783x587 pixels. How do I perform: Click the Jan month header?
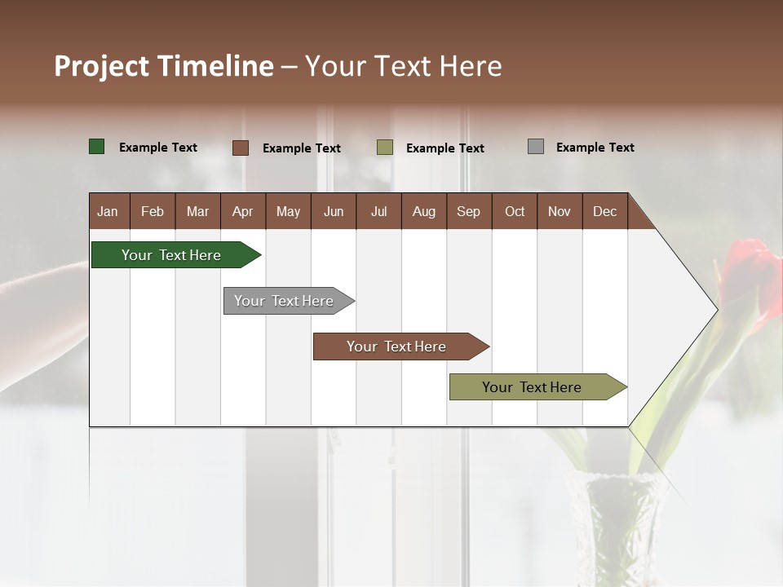point(108,211)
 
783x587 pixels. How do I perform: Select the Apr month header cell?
point(242,211)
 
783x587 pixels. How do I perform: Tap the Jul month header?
point(378,211)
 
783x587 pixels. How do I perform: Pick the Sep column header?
point(468,211)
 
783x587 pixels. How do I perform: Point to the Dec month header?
point(604,211)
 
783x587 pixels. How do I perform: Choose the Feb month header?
point(153,211)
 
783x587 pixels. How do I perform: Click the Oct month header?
point(515,211)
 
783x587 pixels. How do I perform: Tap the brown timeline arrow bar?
point(397,346)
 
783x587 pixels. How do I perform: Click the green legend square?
point(97,147)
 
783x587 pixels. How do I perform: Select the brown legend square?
point(241,148)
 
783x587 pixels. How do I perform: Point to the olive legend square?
point(385,148)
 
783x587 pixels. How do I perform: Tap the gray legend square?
point(536,147)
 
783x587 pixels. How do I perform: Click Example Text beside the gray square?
point(595,148)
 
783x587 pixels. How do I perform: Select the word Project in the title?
point(100,66)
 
